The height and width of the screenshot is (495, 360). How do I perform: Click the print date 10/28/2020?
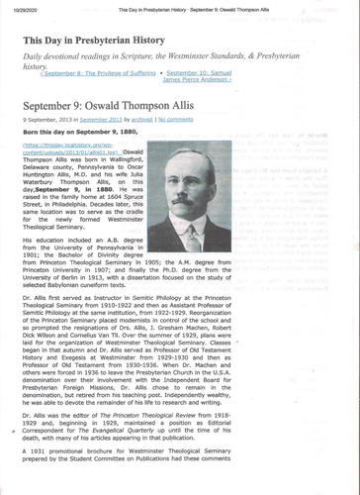[20, 7]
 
